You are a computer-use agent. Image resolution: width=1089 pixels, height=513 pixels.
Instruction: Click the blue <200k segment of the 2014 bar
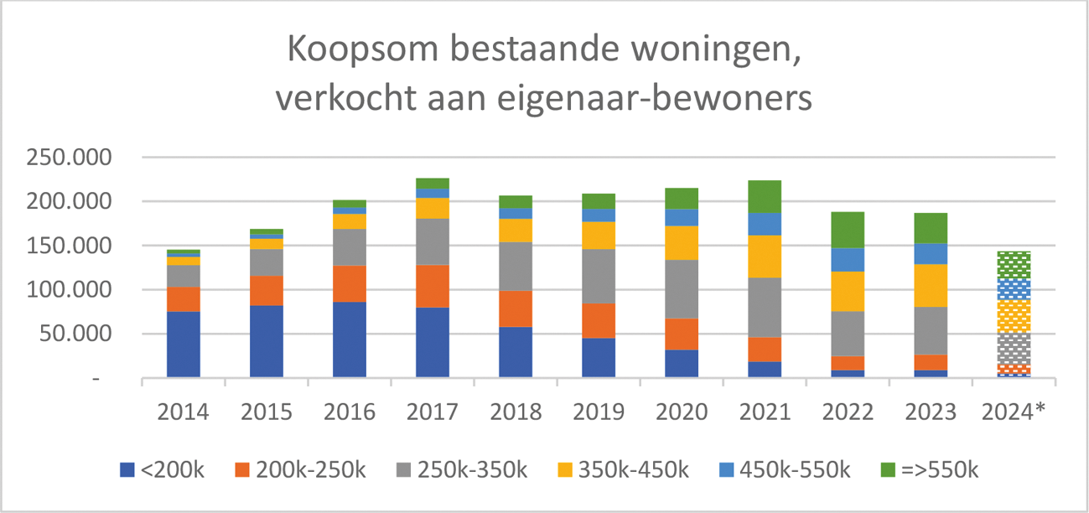[x=184, y=345]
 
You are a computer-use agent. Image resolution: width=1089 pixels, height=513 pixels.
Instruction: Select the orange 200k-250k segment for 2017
[x=433, y=286]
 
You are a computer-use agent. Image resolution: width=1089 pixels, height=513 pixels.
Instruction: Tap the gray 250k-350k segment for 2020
[x=682, y=289]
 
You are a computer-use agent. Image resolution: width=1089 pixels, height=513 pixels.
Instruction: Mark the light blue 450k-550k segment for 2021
[x=765, y=224]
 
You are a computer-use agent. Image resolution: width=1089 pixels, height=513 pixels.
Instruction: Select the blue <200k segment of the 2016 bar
[x=350, y=339]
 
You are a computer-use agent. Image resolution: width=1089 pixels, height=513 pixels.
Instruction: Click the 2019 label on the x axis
[x=599, y=412]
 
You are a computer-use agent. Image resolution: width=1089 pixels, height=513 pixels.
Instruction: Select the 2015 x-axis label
[x=267, y=412]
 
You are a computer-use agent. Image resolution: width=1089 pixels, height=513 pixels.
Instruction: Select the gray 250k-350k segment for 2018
[x=516, y=267]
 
